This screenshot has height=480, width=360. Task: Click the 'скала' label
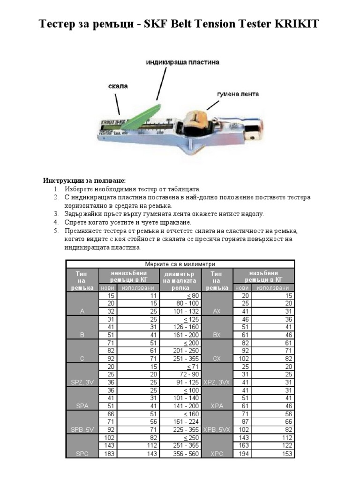(x=118, y=86)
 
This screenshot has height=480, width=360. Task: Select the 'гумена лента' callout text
(x=238, y=94)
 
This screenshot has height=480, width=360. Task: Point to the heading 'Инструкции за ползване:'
(x=85, y=180)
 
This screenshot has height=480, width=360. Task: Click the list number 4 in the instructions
(x=56, y=222)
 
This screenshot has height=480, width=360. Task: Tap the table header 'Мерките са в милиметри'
(x=180, y=264)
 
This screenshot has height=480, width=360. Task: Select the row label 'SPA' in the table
(x=82, y=406)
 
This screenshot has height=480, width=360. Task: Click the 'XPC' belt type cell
(x=217, y=454)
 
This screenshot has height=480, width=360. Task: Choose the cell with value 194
(x=243, y=454)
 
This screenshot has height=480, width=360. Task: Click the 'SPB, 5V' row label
(x=82, y=430)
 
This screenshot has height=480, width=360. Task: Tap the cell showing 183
(x=108, y=454)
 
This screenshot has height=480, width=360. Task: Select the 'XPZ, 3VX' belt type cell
(x=217, y=382)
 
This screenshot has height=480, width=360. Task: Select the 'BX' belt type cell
(x=217, y=335)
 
